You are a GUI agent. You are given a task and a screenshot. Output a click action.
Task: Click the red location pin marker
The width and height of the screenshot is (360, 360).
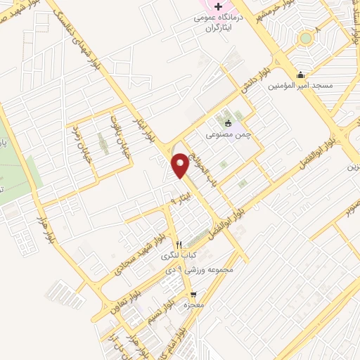[180, 164]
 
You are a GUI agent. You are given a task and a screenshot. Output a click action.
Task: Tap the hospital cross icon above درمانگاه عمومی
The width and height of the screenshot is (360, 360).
[219, 7]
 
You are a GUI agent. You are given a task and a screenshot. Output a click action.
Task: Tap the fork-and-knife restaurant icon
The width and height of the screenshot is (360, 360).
[179, 245]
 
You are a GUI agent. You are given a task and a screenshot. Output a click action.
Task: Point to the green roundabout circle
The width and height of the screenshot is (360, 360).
[304, 38]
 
